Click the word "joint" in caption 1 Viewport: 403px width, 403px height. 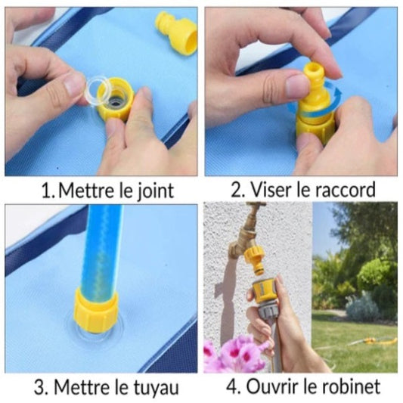(x=155, y=191)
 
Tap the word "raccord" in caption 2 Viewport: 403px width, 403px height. (x=345, y=190)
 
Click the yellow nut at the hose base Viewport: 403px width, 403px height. (x=96, y=310)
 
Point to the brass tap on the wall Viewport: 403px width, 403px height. (x=244, y=233)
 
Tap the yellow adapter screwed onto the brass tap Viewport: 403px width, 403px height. (x=255, y=259)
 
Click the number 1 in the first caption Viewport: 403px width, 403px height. (x=48, y=191)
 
